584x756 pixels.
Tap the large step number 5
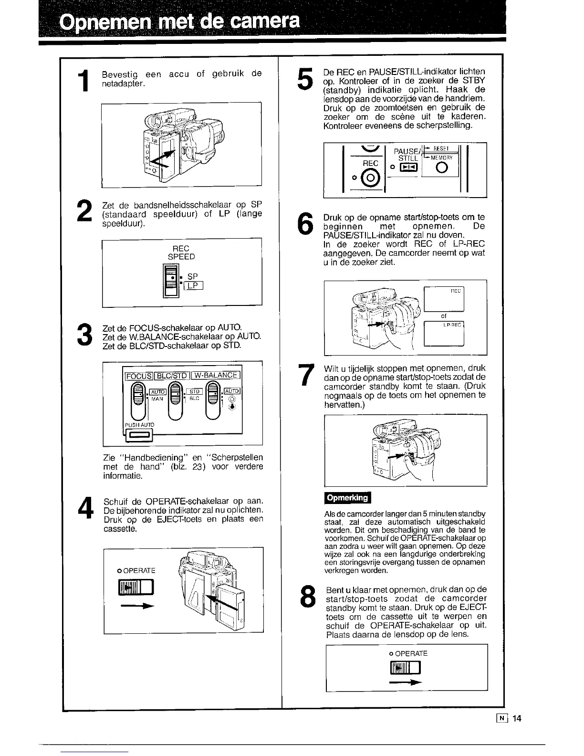pos(304,78)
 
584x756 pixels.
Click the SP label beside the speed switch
pos(192,276)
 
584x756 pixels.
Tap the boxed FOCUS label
pos(138,375)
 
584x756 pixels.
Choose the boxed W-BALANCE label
pos(216,375)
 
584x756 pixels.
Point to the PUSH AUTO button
pos(138,435)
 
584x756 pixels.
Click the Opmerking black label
pos(347,498)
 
